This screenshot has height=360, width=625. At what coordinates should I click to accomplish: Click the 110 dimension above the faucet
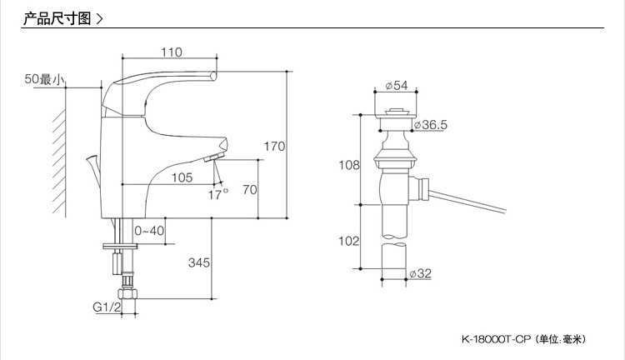click(x=171, y=52)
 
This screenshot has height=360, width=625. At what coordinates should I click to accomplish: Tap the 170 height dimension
click(x=275, y=147)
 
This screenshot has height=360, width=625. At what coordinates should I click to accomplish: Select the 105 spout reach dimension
click(x=182, y=177)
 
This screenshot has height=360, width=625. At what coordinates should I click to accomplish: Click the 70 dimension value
click(x=249, y=189)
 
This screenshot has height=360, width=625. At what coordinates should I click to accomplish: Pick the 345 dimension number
click(x=198, y=262)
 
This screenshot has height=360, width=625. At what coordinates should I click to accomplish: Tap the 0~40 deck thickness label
click(x=149, y=231)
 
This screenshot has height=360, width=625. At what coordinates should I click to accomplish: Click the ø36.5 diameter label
click(x=429, y=124)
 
